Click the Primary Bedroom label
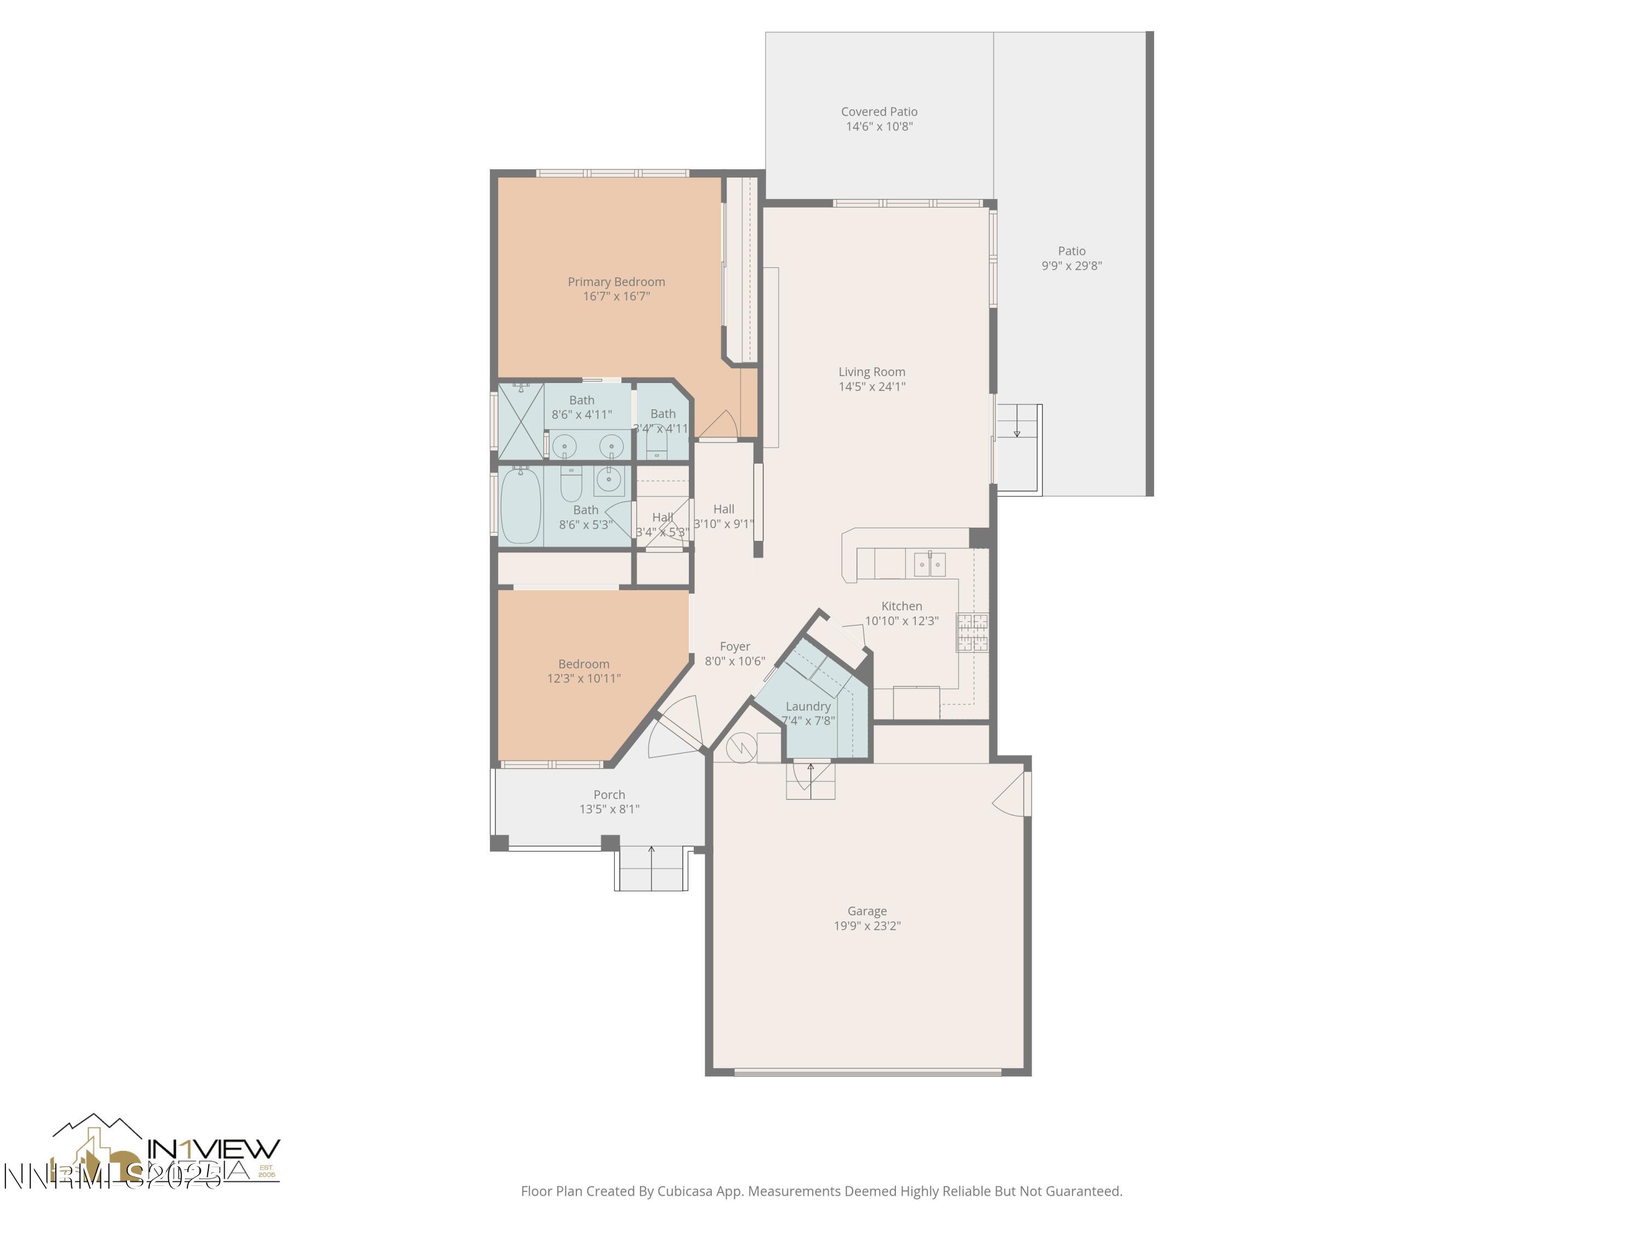[616, 282]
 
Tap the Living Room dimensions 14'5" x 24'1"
[872, 386]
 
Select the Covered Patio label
[879, 111]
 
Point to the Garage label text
[866, 911]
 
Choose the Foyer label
[735, 647]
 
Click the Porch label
[609, 795]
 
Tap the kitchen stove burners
[972, 632]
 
